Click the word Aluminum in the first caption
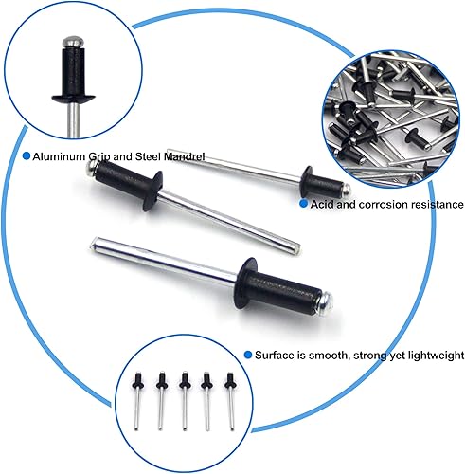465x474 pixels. tap(59, 156)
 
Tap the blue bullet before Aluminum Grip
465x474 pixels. tap(27, 155)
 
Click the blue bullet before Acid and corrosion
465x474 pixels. tap(303, 204)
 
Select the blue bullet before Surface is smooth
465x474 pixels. tap(248, 355)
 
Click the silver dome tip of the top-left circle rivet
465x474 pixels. tap(73, 42)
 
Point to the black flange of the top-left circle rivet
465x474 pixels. tap(74, 99)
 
